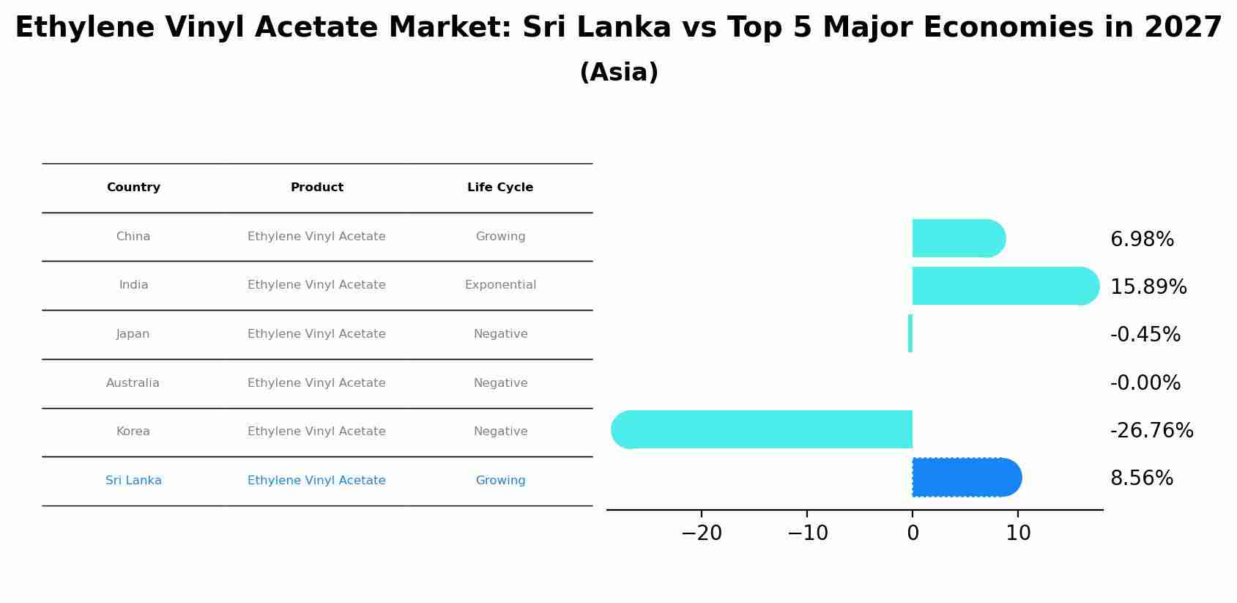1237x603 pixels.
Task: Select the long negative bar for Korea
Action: tap(762, 429)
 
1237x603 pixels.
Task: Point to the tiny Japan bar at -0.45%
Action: tap(910, 333)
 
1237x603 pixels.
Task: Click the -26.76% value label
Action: tap(1151, 431)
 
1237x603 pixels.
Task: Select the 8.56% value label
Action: tap(1141, 478)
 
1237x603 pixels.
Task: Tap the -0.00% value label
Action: tap(1145, 383)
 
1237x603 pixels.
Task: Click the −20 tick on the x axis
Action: tap(702, 533)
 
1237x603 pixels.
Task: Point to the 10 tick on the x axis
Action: tap(1018, 533)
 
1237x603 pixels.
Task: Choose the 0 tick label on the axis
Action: tap(913, 533)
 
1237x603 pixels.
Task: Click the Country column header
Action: tap(133, 188)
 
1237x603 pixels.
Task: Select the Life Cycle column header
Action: tap(500, 188)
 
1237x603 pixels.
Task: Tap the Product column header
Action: tap(316, 188)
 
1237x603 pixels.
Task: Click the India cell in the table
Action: tap(133, 285)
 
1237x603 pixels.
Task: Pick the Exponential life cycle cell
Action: tap(500, 285)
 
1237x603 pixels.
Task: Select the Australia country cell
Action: tap(133, 383)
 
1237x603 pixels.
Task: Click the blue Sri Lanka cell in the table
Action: tap(133, 481)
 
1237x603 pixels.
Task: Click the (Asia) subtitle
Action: tap(619, 73)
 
